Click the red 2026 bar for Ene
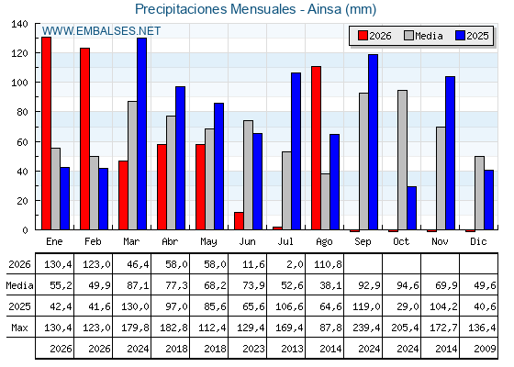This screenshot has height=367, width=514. [x=46, y=133]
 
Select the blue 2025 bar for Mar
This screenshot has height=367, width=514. [x=141, y=134]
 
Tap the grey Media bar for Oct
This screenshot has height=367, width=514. [x=402, y=160]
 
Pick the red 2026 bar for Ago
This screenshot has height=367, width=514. [x=316, y=148]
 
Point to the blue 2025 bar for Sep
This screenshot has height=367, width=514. [x=373, y=142]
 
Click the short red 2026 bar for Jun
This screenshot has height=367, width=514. [x=239, y=221]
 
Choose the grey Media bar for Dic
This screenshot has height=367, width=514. [x=479, y=193]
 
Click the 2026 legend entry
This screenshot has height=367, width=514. [x=374, y=36]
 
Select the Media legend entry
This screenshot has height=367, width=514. [x=423, y=36]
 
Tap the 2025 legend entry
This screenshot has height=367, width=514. [x=472, y=36]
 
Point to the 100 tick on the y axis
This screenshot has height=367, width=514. [x=20, y=83]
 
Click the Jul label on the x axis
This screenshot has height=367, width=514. [x=285, y=241]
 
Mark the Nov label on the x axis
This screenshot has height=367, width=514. [x=440, y=241]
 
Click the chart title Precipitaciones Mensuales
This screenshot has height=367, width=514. [x=216, y=9]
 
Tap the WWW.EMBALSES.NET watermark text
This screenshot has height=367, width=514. [x=101, y=31]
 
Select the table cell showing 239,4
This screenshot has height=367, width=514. [x=366, y=328]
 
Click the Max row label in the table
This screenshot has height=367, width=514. [x=19, y=328]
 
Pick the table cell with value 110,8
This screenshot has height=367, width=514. [x=328, y=264]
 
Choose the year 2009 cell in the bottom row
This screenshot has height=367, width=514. [x=485, y=349]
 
